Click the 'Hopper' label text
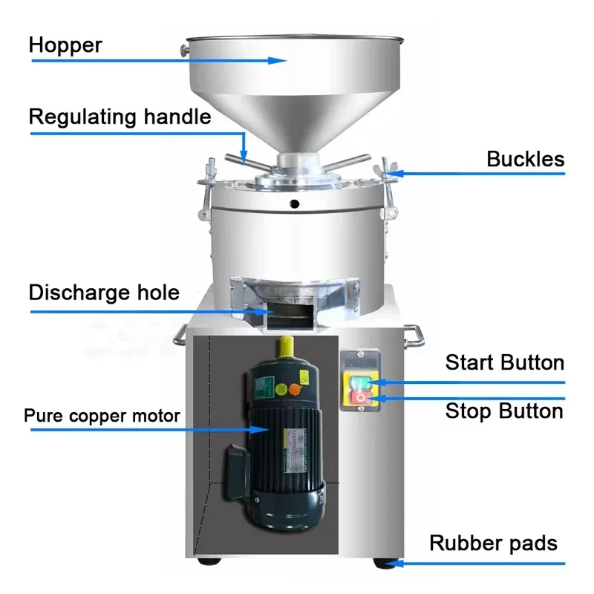click(65, 45)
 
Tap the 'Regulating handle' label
click(120, 117)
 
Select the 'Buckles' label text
click(525, 160)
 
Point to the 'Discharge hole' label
click(104, 292)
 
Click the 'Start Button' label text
click(504, 363)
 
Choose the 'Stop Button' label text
click(504, 411)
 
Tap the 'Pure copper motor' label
click(102, 416)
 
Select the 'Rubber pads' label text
click(493, 544)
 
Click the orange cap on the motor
click(295, 388)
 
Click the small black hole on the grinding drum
click(295, 204)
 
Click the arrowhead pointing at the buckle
click(388, 174)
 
